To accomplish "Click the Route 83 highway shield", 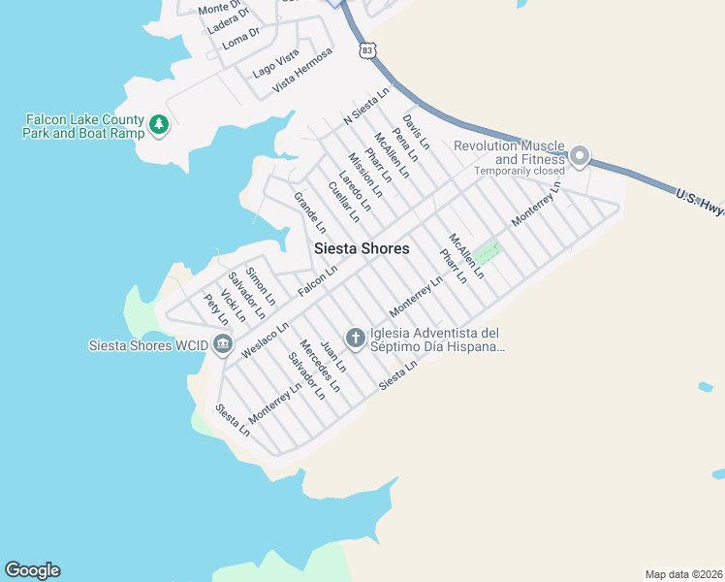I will point(365,49).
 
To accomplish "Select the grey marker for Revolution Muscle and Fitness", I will point(580,155).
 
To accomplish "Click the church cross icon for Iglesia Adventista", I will point(356,338).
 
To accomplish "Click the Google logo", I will point(32,570).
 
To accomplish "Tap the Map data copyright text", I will point(682,572).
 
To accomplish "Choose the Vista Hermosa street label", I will point(302,70).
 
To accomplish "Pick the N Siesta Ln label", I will point(366,106).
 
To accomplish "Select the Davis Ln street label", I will point(416,131).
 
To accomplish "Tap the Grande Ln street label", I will point(310,211).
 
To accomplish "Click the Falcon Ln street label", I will point(317,281).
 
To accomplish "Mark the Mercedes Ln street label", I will point(320,365).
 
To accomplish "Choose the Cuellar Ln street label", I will point(344,202).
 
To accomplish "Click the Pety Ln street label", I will point(216,309).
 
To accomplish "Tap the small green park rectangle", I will point(488,252).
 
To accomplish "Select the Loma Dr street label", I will point(241,37).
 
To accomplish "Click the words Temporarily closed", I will point(520,171).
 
